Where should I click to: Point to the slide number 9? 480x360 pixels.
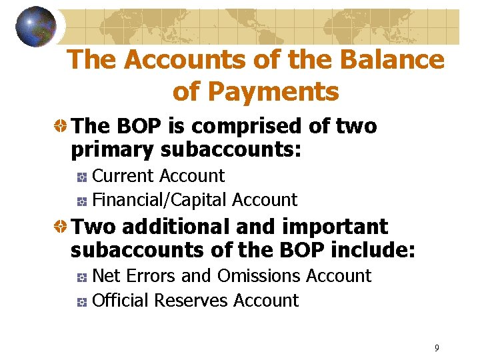point(436,348)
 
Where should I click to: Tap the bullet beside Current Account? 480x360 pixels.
point(81,177)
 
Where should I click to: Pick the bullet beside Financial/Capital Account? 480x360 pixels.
point(81,201)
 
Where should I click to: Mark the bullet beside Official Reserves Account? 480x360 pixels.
point(81,301)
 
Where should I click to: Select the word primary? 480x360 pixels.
point(110,150)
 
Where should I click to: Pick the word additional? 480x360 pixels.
point(167,227)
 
